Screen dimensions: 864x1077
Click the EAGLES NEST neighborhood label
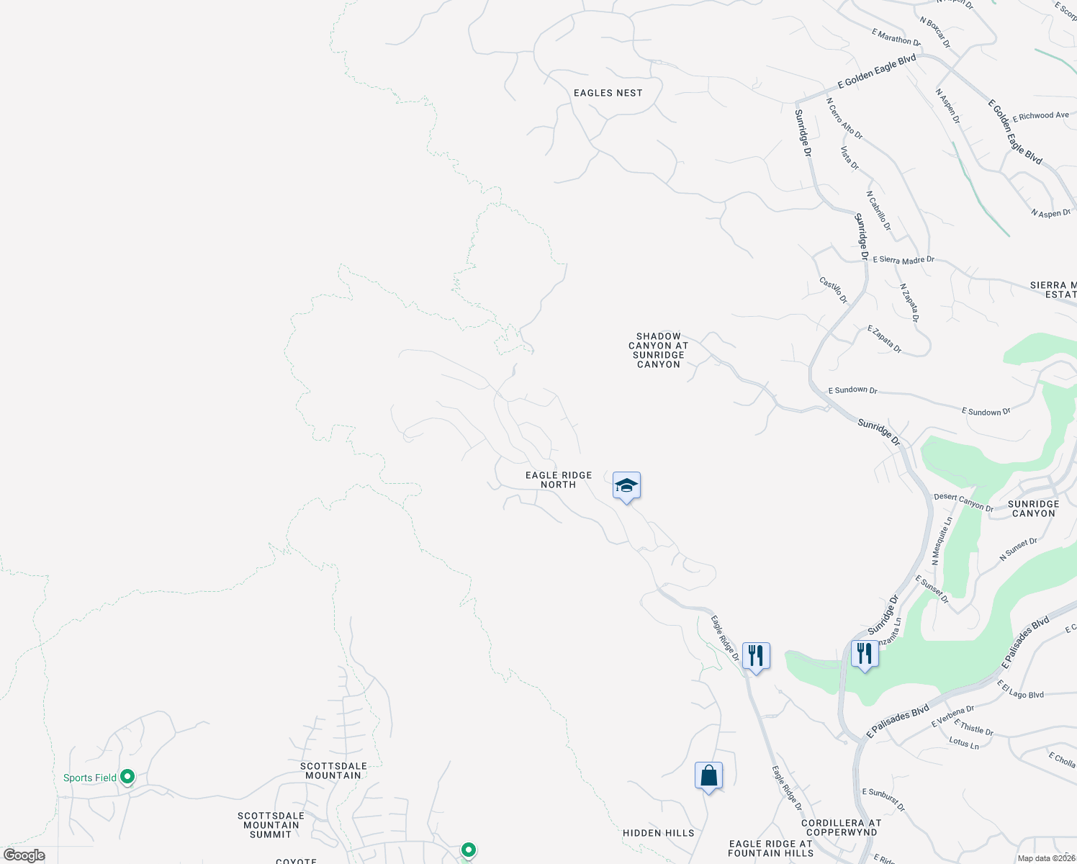pos(608,93)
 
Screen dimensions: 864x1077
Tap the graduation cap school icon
pos(626,486)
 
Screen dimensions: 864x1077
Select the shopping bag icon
pos(708,776)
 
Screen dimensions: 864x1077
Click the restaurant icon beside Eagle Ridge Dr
pos(755,656)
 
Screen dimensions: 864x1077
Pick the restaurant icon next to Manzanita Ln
pos(865,654)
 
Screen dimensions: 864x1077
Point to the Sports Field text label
pos(89,778)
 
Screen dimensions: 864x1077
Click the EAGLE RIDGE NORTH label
pos(559,480)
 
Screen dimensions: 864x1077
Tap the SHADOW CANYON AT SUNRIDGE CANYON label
pos(658,350)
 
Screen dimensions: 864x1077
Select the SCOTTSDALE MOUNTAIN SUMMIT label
pos(271,825)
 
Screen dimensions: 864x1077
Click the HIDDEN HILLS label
pos(658,833)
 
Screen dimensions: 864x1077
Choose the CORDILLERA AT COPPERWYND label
pos(841,827)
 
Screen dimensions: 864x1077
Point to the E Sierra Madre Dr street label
pos(903,260)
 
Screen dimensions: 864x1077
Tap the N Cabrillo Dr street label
pos(878,211)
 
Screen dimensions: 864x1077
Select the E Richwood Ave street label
pos(1040,116)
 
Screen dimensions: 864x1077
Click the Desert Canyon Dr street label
pos(963,502)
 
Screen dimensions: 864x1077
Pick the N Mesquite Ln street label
pos(942,540)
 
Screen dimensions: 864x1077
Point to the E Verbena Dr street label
pos(952,716)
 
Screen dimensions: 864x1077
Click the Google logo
pos(24,855)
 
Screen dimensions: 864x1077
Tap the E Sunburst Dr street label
pos(883,800)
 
